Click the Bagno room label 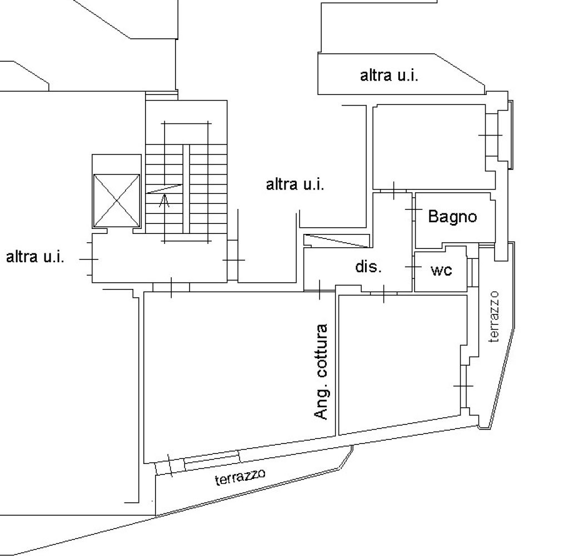(452, 216)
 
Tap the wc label (441, 270)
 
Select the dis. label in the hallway (368, 266)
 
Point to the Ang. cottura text (321, 371)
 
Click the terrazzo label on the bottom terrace (241, 477)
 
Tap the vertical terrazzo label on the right (494, 317)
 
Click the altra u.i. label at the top (389, 76)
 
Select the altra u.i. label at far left (35, 257)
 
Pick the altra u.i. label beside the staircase (295, 184)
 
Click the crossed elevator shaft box (117, 201)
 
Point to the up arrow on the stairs (164, 199)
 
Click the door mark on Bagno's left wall (413, 209)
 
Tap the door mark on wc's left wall (413, 267)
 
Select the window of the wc (473, 272)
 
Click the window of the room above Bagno (492, 135)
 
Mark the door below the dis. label (383, 293)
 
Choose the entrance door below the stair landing (171, 287)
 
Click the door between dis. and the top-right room (393, 191)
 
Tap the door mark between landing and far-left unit (89, 259)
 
